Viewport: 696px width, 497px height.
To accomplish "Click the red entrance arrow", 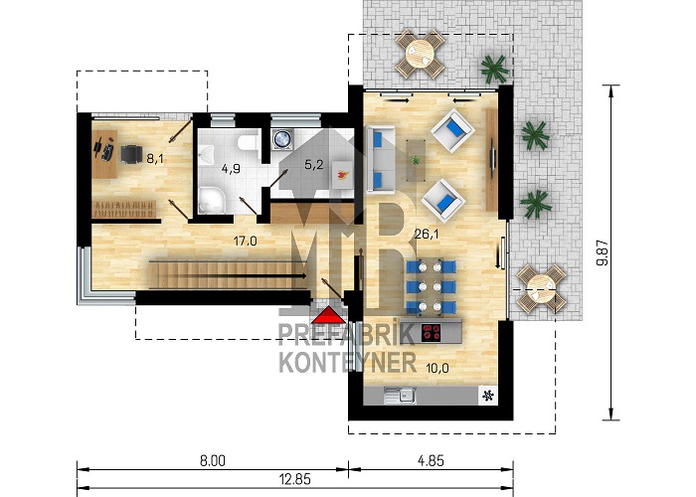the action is click(x=328, y=315).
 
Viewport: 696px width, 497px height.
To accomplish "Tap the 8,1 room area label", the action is click(x=155, y=158).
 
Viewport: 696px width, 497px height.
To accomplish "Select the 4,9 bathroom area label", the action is click(x=231, y=169).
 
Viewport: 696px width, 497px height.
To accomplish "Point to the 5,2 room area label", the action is click(x=314, y=165).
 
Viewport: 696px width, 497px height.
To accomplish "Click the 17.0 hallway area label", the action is click(x=245, y=241).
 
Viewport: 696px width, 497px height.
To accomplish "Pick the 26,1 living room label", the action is click(x=427, y=234).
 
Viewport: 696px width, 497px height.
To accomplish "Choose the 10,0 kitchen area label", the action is click(x=437, y=368).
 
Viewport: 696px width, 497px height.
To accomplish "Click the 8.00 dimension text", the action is click(x=212, y=461).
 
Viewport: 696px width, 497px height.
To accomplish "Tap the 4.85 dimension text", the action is click(x=431, y=460).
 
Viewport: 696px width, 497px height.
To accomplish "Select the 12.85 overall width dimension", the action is click(x=295, y=479).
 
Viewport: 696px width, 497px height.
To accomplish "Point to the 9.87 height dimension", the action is click(x=603, y=252).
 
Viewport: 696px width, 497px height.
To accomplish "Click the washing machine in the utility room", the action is click(x=282, y=138).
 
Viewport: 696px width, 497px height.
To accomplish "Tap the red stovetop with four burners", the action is click(x=431, y=332).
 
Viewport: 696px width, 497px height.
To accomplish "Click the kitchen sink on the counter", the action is click(x=401, y=395).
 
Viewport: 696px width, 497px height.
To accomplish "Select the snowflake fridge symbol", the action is click(x=489, y=396).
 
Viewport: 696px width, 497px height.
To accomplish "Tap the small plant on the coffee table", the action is click(x=416, y=160).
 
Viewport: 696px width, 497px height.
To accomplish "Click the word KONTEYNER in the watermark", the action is click(x=348, y=362).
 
